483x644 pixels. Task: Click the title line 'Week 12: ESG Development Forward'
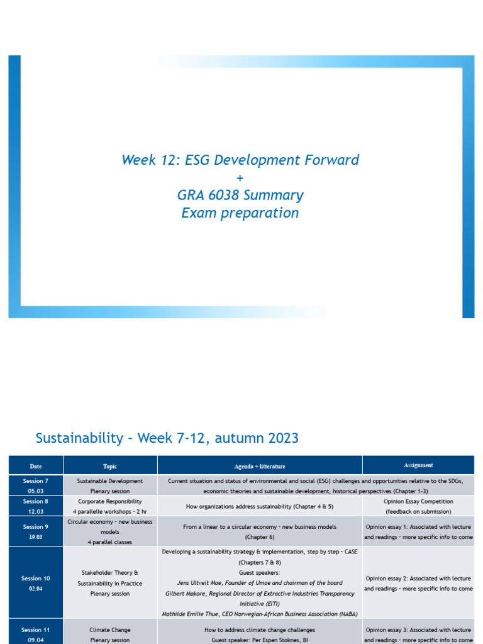pyautogui.click(x=240, y=160)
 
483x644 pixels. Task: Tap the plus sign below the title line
pyautogui.click(x=240, y=178)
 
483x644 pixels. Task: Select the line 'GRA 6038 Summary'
pyautogui.click(x=240, y=195)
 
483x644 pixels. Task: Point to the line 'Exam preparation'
pyautogui.click(x=240, y=213)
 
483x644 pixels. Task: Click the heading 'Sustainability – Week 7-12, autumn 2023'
pyautogui.click(x=167, y=438)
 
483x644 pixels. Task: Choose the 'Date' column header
pyautogui.click(x=36, y=466)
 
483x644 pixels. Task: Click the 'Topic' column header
pyautogui.click(x=110, y=466)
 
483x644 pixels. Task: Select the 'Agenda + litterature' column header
pyautogui.click(x=260, y=466)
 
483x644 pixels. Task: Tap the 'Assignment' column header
pyautogui.click(x=418, y=465)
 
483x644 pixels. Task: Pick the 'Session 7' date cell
pyautogui.click(x=36, y=485)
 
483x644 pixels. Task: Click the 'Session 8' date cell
pyautogui.click(x=36, y=506)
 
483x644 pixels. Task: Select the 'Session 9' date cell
pyautogui.click(x=36, y=531)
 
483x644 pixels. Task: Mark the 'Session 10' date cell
pyautogui.click(x=36, y=582)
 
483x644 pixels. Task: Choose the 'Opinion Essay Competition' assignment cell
pyautogui.click(x=418, y=501)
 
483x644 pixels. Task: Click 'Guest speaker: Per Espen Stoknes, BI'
pyautogui.click(x=260, y=640)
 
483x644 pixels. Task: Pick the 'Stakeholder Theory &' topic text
pyautogui.click(x=110, y=573)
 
